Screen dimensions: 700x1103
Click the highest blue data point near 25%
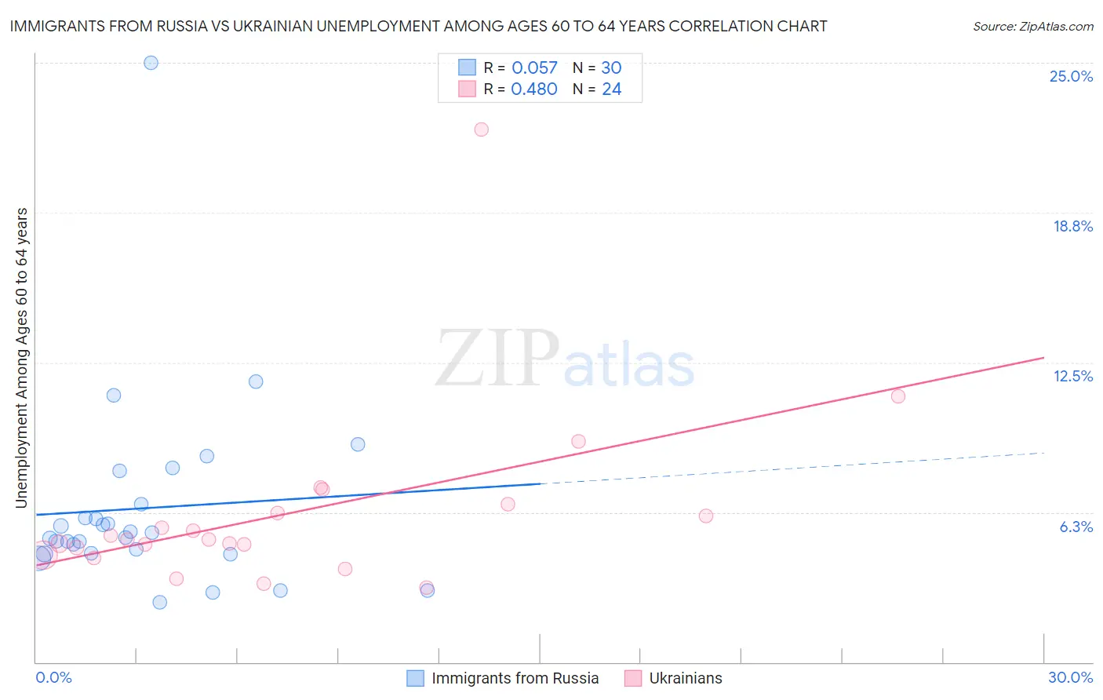(x=151, y=63)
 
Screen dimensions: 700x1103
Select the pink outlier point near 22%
(x=481, y=129)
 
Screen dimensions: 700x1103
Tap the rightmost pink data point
(x=898, y=396)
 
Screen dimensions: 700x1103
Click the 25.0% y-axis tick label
(x=1071, y=76)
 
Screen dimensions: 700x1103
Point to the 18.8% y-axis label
(x=1072, y=226)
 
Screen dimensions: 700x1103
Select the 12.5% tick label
(x=1072, y=376)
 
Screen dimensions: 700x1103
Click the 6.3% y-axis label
(x=1076, y=527)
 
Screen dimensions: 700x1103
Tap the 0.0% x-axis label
(x=53, y=677)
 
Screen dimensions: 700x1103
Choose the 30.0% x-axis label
(x=1070, y=677)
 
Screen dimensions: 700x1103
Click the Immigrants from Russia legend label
(x=515, y=678)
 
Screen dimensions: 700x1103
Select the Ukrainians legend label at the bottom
(x=685, y=678)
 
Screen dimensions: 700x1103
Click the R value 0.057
(x=534, y=68)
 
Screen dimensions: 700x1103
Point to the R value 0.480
(x=534, y=89)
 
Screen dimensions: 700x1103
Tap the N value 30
(x=611, y=68)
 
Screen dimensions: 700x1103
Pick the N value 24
(x=611, y=89)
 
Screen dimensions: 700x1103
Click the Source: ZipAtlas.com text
(x=1032, y=27)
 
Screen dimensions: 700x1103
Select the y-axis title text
(x=21, y=358)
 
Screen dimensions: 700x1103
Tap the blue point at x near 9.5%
(x=358, y=444)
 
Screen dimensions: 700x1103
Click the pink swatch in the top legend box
(x=467, y=89)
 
